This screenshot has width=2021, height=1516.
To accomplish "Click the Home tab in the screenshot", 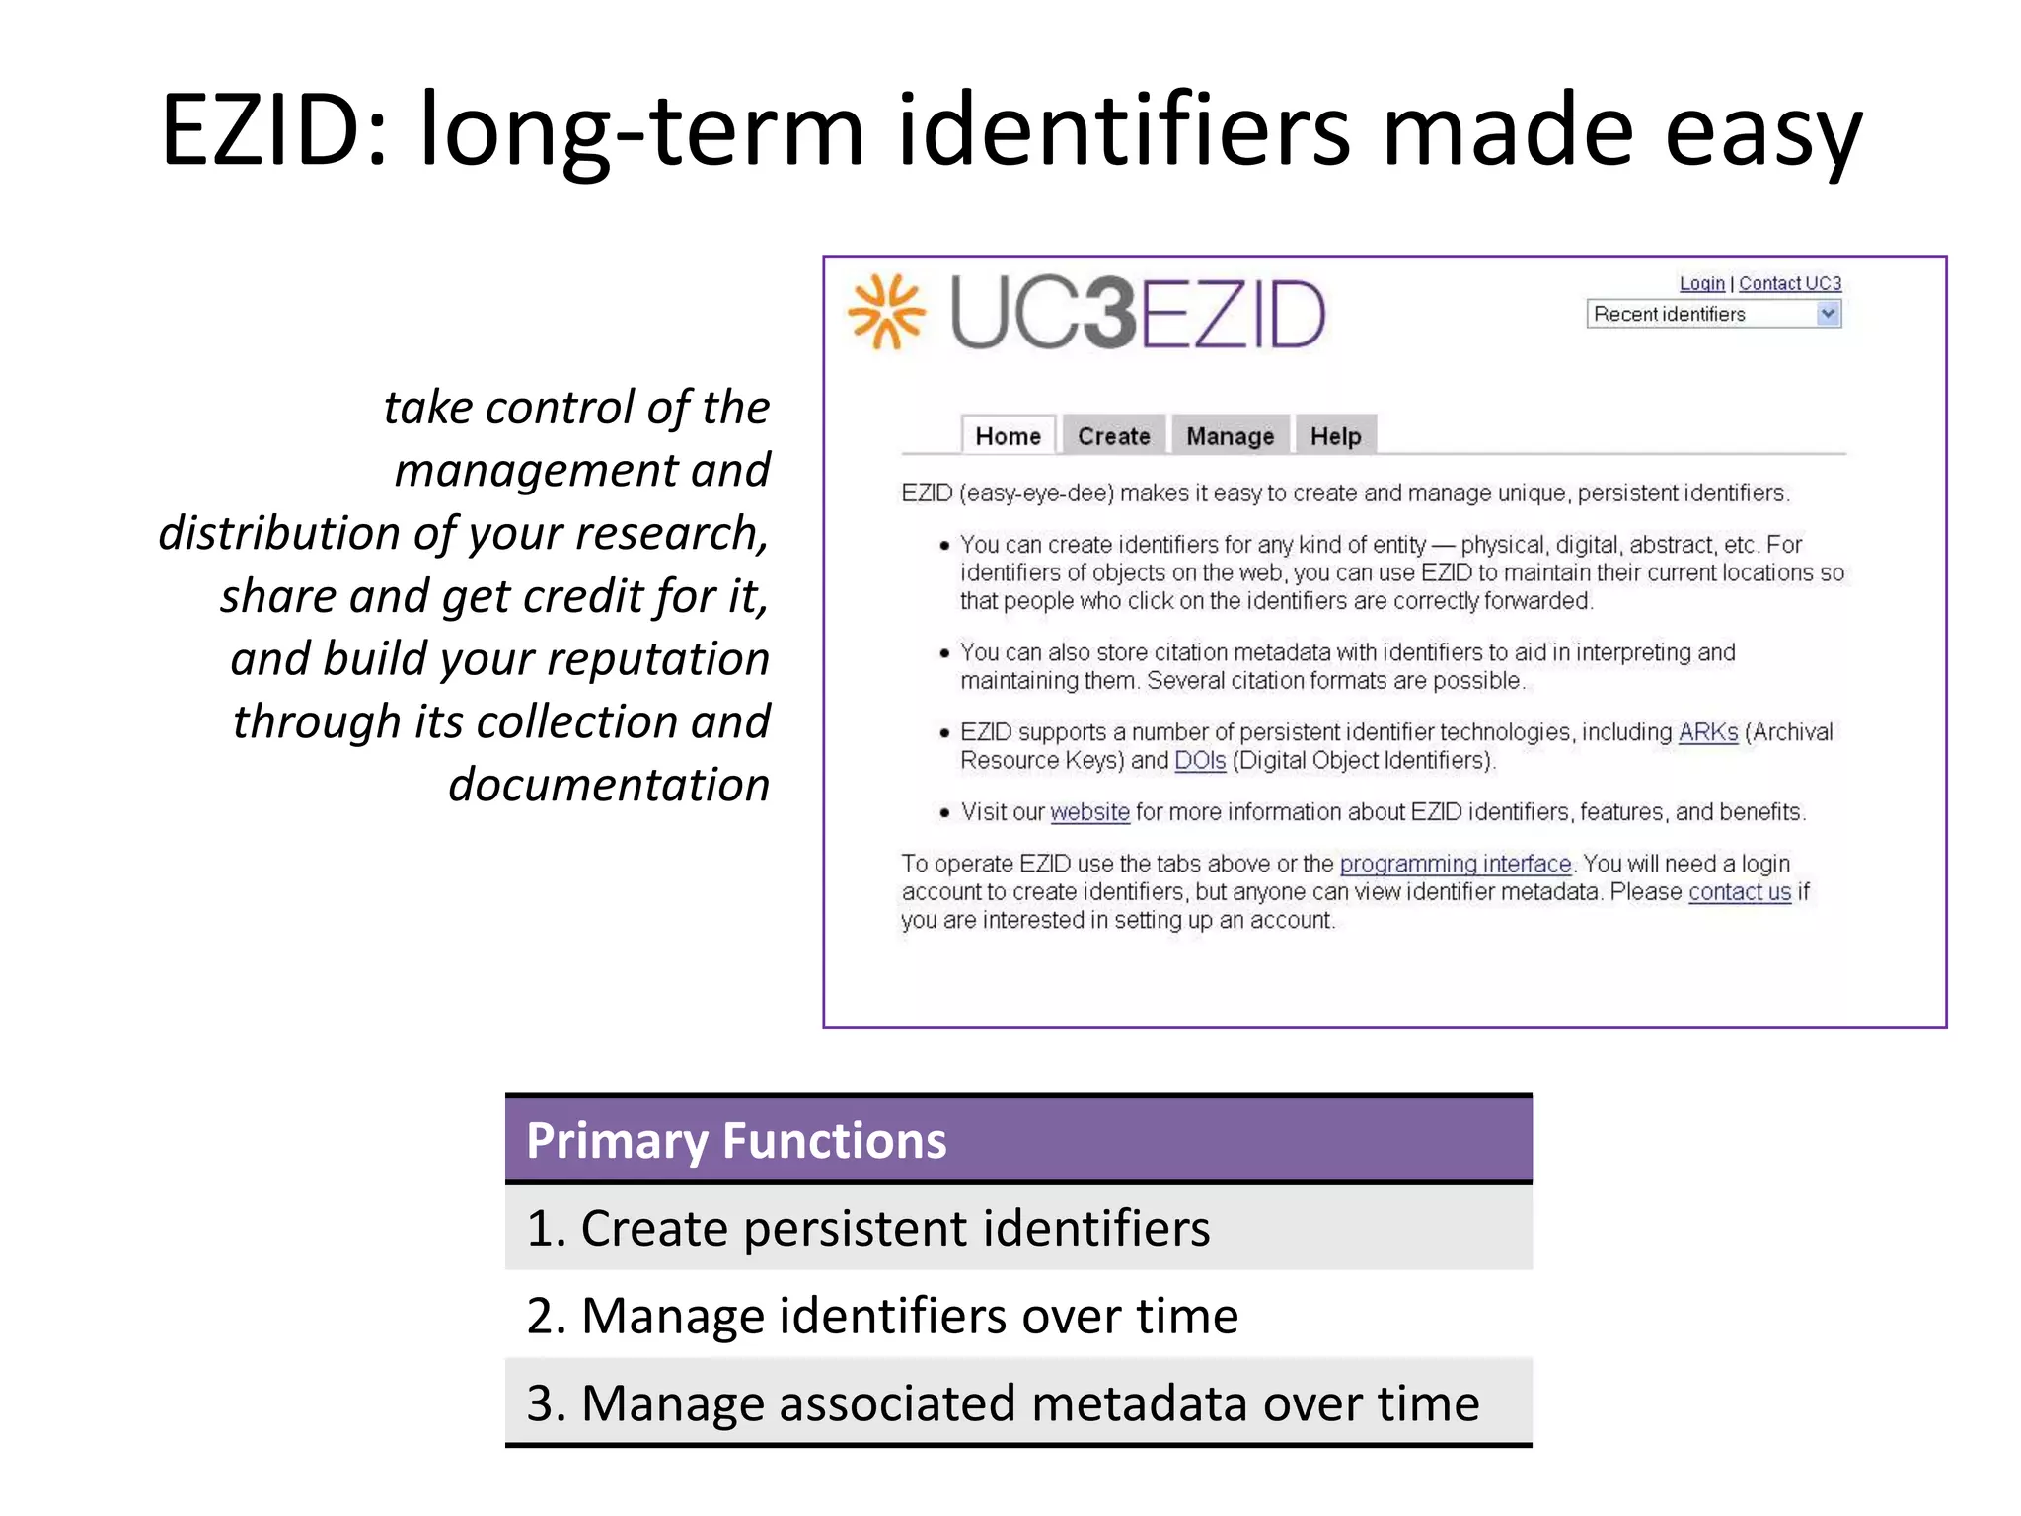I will pyautogui.click(x=1008, y=436).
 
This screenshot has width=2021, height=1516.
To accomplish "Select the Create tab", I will pyautogui.click(x=1113, y=436).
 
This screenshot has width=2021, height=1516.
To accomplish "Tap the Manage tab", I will pyautogui.click(x=1230, y=436).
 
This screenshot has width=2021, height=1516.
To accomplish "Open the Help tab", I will pyautogui.click(x=1335, y=436).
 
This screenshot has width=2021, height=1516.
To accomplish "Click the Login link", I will pyautogui.click(x=1701, y=284).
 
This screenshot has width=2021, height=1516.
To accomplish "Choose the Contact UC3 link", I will pyautogui.click(x=1789, y=284).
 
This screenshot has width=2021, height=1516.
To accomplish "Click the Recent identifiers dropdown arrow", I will pyautogui.click(x=1828, y=314).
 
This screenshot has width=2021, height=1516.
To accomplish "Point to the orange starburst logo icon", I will pyautogui.click(x=886, y=312).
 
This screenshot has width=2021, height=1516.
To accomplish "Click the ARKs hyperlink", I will pyautogui.click(x=1707, y=732).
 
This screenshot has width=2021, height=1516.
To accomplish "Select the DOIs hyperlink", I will pyautogui.click(x=1199, y=761).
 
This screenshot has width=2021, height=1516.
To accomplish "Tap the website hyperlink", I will pyautogui.click(x=1089, y=812).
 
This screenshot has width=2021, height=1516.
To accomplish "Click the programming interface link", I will pyautogui.click(x=1455, y=864).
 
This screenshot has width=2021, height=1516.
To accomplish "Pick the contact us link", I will pyautogui.click(x=1739, y=892).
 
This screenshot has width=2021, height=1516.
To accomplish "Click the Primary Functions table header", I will pyautogui.click(x=1017, y=1140).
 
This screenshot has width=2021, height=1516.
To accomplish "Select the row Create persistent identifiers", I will pyautogui.click(x=1017, y=1228).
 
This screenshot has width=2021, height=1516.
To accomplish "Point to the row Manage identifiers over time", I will pyautogui.click(x=1017, y=1316).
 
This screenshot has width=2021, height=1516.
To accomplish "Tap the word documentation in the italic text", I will pyautogui.click(x=609, y=785).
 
